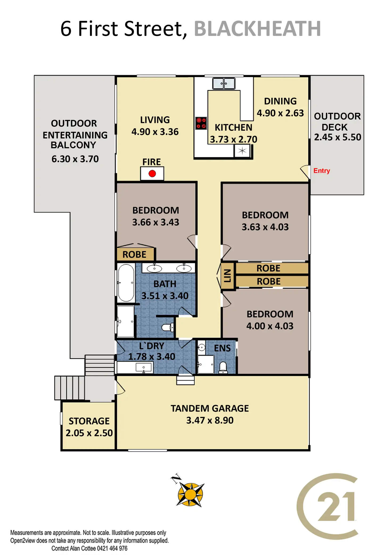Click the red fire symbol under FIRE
pos(152,174)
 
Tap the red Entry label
pos(322,171)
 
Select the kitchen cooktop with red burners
pos(201,123)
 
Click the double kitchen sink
pos(224,84)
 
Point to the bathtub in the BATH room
pos(126,283)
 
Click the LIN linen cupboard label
pos(227,276)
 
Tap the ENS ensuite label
pos(222,348)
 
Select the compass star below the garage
pos(190,494)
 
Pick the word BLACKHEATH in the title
pos(257,29)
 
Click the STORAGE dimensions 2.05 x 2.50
pos(89,433)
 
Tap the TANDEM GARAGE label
pos(210,408)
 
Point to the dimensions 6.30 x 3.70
pos(75,159)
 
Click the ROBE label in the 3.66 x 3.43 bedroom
pos(134,255)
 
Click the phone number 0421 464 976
pos(112,548)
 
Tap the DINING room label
pos(280,101)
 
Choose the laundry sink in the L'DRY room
pos(144,368)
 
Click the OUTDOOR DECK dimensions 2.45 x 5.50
pos(337,137)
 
